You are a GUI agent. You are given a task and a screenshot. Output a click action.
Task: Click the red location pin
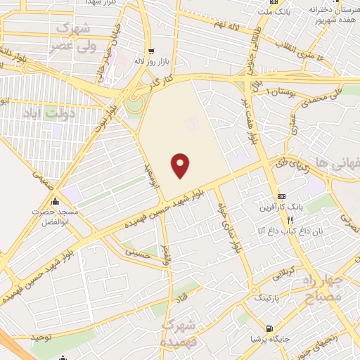181,165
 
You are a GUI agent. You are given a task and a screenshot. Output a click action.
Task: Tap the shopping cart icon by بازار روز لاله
150,51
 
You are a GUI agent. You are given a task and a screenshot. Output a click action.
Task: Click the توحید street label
41,337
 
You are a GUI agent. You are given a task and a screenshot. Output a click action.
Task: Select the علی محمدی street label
326,96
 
